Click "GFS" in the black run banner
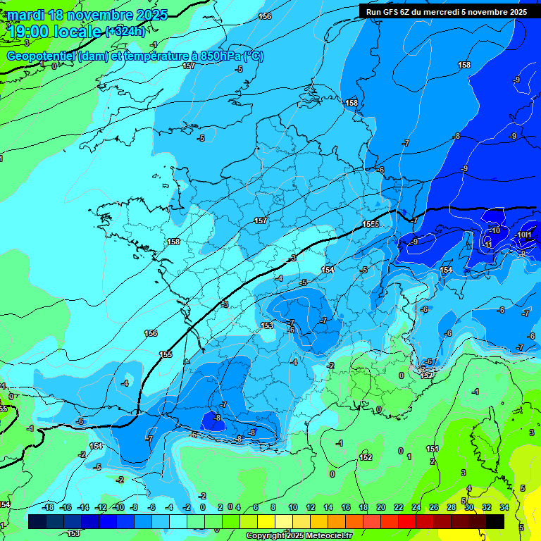(x=392, y=12)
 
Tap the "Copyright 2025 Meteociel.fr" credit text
(x=299, y=535)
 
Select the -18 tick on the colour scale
(x=47, y=507)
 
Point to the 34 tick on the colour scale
(x=504, y=507)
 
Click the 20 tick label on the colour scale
(x=380, y=507)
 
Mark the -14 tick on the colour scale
(x=82, y=507)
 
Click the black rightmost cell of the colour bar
(x=495, y=521)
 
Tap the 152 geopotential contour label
(x=366, y=457)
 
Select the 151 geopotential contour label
(x=433, y=449)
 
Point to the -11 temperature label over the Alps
(x=488, y=244)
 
